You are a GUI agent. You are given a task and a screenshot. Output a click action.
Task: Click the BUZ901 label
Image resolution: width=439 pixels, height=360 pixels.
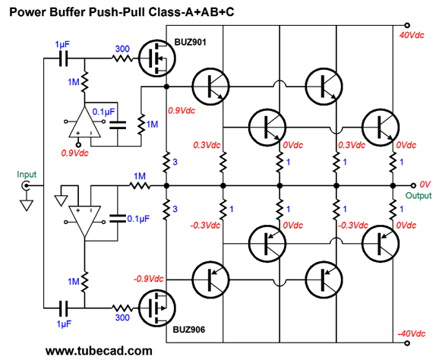[x=191, y=43]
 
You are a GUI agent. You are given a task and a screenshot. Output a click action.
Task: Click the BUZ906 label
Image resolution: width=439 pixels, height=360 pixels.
[x=188, y=330]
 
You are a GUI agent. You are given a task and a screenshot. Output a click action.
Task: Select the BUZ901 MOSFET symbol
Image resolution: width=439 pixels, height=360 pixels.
[x=157, y=58]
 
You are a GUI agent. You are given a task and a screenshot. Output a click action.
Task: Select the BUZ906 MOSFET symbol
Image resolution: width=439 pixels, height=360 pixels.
[x=157, y=308]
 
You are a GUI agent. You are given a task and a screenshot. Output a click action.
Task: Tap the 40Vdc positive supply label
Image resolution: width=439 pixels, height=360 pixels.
[x=412, y=35]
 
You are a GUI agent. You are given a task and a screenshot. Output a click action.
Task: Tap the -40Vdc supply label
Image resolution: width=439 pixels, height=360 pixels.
[x=412, y=333]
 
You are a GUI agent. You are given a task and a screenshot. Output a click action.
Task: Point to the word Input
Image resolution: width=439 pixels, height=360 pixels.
[x=27, y=175]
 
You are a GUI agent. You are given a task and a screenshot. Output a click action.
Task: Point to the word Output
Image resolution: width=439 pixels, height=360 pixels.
[x=418, y=195]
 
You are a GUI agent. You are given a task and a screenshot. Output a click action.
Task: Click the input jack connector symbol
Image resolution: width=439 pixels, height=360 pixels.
[x=26, y=185]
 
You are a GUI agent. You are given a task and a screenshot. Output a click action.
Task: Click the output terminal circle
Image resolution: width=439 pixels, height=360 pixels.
[x=413, y=185]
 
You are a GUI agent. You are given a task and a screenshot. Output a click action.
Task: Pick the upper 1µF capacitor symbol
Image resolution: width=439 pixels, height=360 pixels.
[x=64, y=58]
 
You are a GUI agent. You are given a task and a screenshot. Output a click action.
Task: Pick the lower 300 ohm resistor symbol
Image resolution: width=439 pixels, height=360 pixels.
[x=122, y=308]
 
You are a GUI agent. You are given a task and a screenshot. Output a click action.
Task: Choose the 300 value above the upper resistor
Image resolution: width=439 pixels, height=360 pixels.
[x=122, y=49]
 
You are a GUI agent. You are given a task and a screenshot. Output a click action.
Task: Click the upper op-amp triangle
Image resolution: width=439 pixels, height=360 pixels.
[x=84, y=122]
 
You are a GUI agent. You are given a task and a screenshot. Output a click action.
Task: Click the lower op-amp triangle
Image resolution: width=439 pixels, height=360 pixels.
[x=84, y=222]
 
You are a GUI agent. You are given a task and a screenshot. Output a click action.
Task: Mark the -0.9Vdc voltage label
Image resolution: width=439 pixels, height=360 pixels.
[x=148, y=279]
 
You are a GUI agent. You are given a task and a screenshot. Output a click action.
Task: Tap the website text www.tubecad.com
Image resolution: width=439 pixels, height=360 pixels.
[x=99, y=351]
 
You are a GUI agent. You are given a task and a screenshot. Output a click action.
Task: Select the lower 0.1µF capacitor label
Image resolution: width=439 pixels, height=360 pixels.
[x=138, y=218]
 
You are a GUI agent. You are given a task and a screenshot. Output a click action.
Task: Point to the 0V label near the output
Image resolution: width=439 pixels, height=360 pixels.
[x=425, y=185]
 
